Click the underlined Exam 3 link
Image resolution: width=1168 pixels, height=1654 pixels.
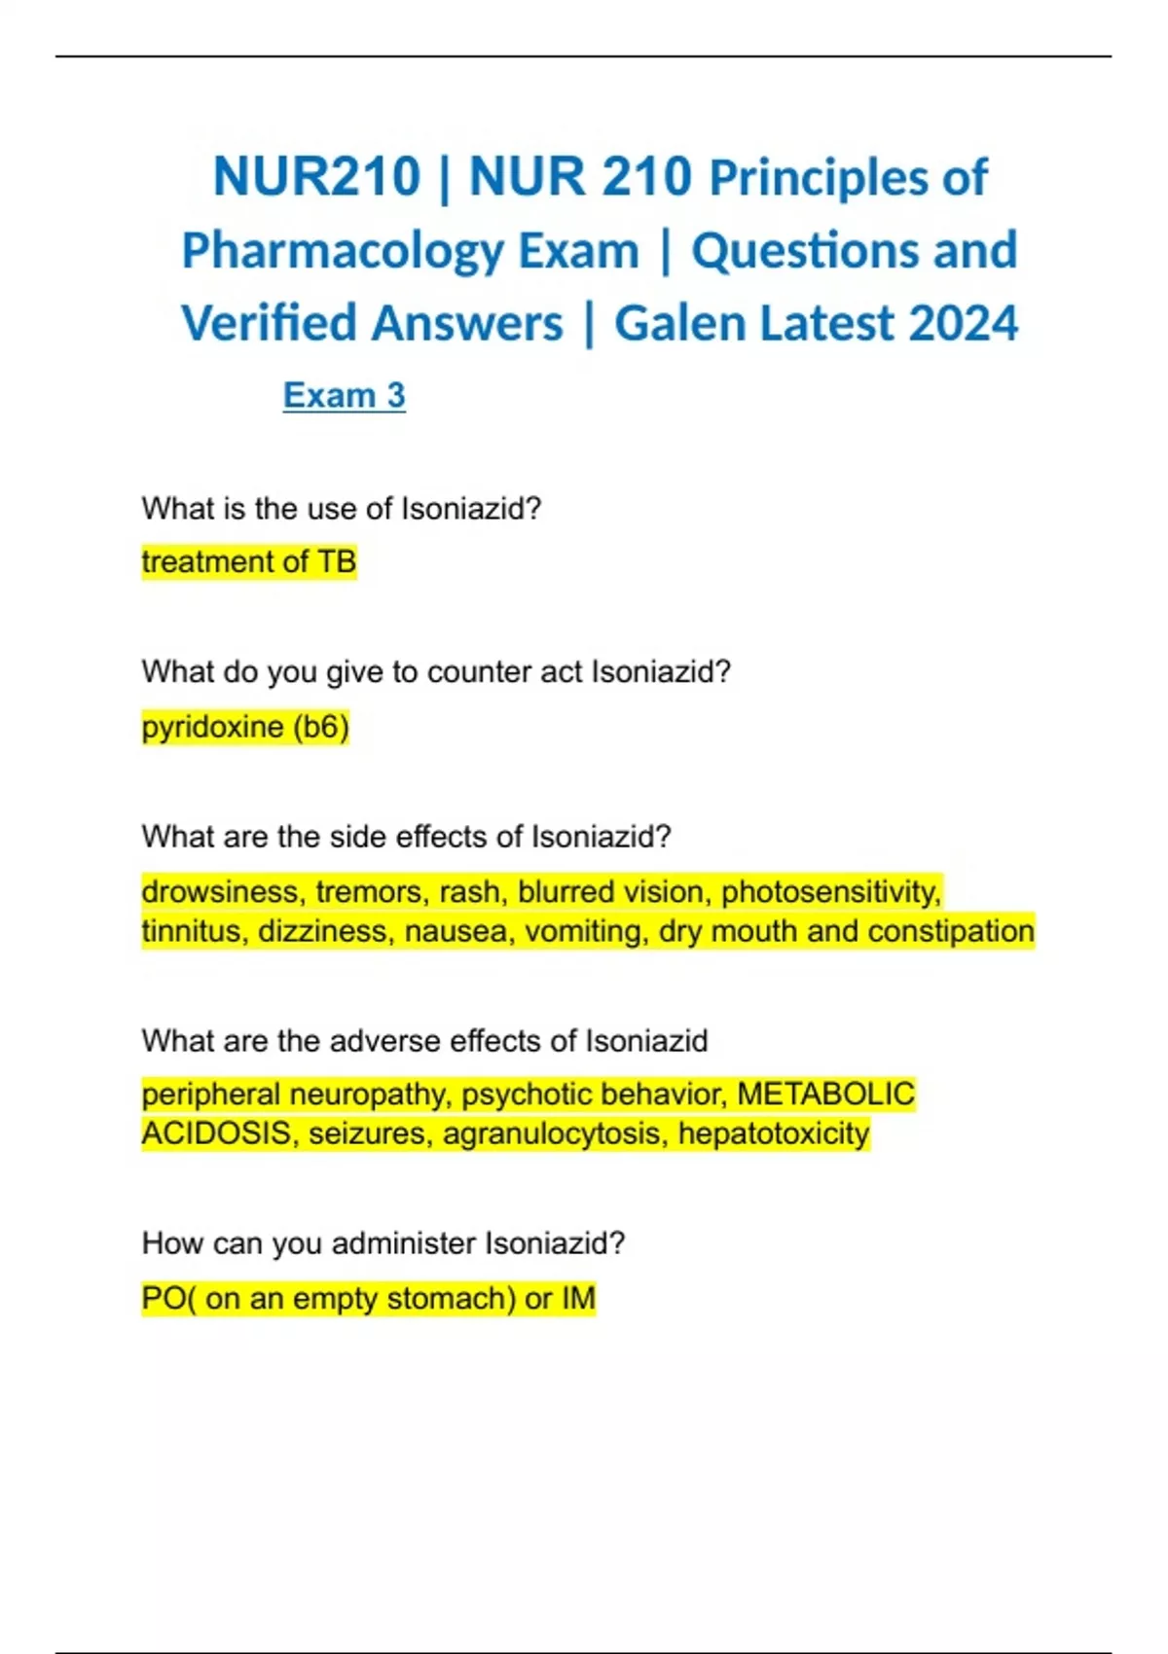[x=344, y=395]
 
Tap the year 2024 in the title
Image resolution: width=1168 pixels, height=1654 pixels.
[x=963, y=323]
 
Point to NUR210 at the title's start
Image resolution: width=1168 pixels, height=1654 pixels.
[x=316, y=177]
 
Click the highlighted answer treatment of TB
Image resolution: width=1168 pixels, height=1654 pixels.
[x=249, y=561]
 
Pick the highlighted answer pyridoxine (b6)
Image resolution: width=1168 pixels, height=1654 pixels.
[x=245, y=726]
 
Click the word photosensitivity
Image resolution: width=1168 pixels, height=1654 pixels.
[x=830, y=891]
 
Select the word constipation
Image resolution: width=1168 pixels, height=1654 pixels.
[x=950, y=931]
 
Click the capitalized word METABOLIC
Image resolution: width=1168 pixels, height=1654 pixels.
[x=825, y=1094]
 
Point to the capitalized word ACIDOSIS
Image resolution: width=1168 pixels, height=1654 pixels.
[x=216, y=1133]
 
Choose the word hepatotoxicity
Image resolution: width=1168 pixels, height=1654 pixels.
[x=773, y=1133]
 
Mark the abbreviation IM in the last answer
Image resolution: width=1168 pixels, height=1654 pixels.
[x=578, y=1298]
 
